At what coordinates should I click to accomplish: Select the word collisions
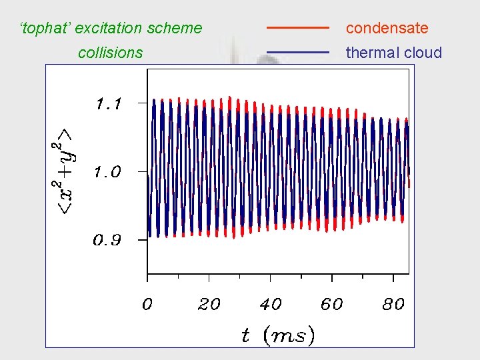[110, 53]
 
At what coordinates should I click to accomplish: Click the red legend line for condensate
[298, 28]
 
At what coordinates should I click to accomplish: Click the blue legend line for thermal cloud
[298, 52]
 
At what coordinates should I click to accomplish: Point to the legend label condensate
[387, 28]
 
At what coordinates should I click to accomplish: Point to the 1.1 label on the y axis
[109, 104]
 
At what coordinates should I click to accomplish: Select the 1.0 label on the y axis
[107, 172]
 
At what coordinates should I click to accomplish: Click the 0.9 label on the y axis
[107, 241]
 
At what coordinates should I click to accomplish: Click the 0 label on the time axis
[147, 305]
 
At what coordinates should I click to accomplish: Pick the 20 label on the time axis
[209, 305]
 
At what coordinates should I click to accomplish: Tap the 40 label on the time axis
[270, 305]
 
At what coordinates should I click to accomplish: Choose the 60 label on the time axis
[331, 305]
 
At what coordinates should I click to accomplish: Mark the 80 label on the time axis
[393, 305]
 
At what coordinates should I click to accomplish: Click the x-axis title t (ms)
[277, 335]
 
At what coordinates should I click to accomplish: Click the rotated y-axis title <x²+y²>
[65, 172]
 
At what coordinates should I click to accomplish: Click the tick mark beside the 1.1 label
[141, 103]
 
